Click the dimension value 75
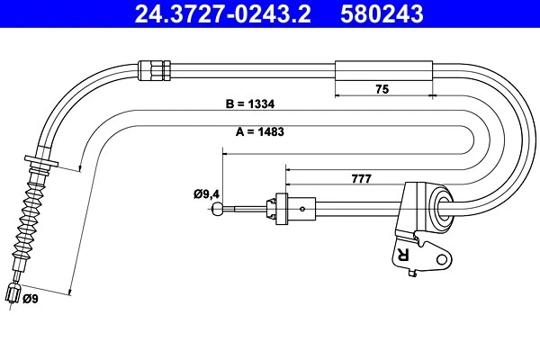pyautogui.click(x=382, y=88)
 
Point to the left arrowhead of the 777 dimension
pyautogui.click(x=288, y=166)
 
